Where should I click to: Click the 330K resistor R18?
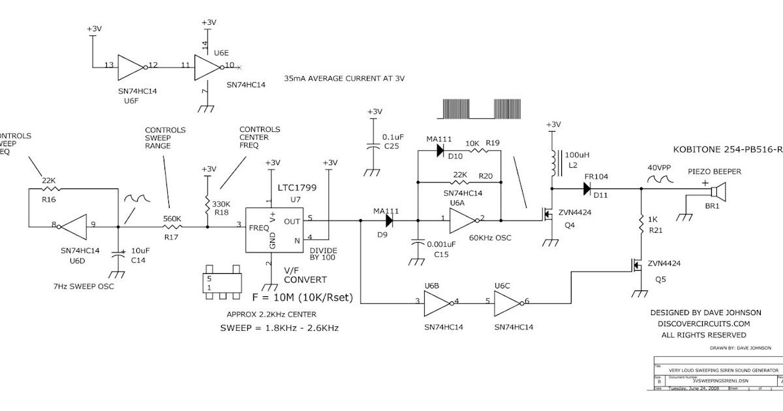pyautogui.click(x=207, y=203)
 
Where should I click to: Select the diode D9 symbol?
pyautogui.click(x=391, y=220)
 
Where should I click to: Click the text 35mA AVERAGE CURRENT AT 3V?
pyautogui.click(x=345, y=78)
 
